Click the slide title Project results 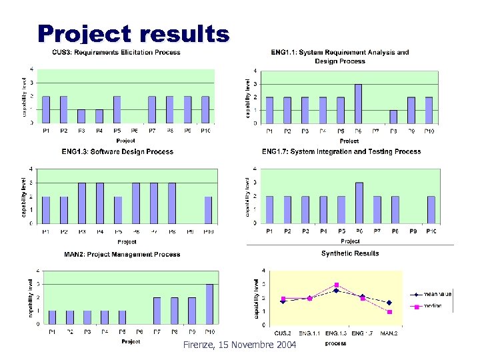[133, 34]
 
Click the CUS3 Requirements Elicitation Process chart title [117, 52]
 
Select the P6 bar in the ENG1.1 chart [358, 103]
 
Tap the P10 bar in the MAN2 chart [209, 304]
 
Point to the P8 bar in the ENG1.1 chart [393, 117]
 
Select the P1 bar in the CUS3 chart [46, 109]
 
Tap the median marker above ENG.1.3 [337, 285]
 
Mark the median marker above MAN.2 [389, 312]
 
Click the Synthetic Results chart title [350, 253]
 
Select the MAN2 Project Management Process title [122, 254]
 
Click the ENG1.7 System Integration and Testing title [341, 152]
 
